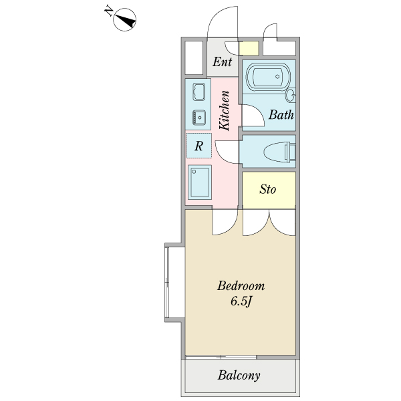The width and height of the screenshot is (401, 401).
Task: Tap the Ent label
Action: click(223, 62)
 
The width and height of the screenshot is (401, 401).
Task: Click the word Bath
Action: click(281, 114)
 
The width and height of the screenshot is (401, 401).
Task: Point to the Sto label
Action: click(268, 189)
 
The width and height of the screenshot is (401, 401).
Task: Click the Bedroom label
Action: click(241, 286)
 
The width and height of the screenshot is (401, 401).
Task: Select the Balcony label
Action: click(239, 375)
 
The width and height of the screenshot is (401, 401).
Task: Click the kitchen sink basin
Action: click(198, 92)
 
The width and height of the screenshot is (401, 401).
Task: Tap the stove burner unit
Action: click(198, 117)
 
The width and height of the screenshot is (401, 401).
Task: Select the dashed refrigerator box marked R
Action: click(198, 145)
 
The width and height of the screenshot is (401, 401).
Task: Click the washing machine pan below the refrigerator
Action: click(199, 182)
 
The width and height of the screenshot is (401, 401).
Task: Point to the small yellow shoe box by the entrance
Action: click(249, 48)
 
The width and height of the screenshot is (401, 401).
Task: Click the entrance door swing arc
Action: click(221, 27)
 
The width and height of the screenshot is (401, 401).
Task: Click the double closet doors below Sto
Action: click(269, 223)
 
